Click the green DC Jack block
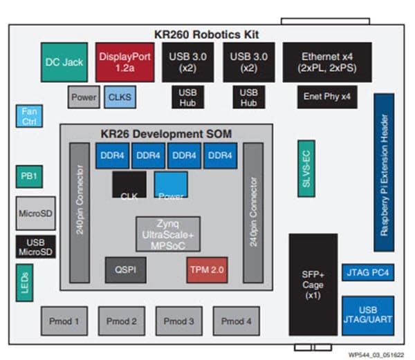click(x=64, y=61)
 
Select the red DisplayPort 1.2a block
click(x=125, y=61)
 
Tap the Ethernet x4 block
click(x=326, y=61)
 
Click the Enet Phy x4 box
click(x=327, y=97)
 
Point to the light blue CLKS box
click(x=120, y=97)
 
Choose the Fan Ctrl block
click(x=28, y=116)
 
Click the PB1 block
click(x=28, y=176)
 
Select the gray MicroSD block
click(x=35, y=214)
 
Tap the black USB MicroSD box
click(x=35, y=247)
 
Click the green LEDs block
click(x=24, y=283)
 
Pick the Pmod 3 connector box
click(x=179, y=321)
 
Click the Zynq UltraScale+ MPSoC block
click(x=168, y=234)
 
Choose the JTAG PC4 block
click(x=368, y=272)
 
